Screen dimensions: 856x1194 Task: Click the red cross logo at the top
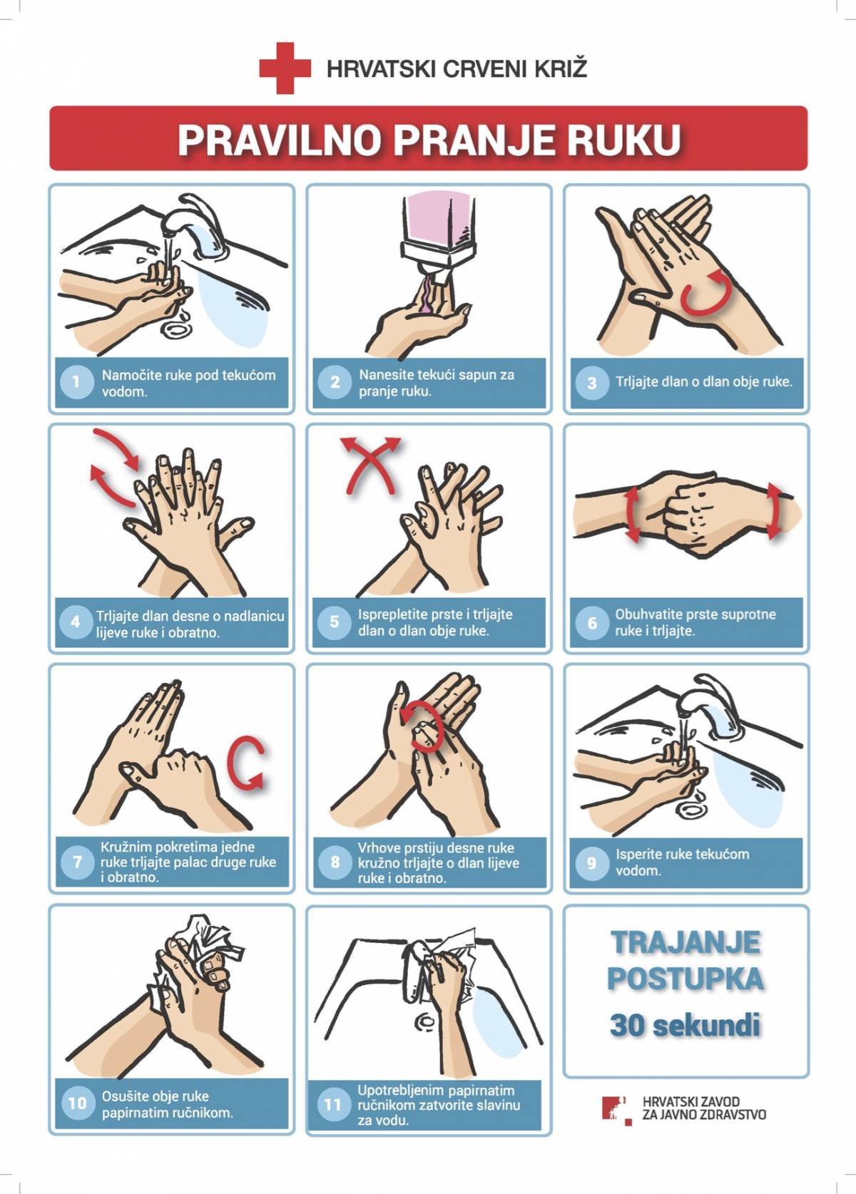pyautogui.click(x=285, y=68)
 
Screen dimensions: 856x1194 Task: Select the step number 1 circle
pyautogui.click(x=76, y=382)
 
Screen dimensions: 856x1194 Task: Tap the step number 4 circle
pyautogui.click(x=76, y=622)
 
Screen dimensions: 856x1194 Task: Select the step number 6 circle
pyautogui.click(x=591, y=622)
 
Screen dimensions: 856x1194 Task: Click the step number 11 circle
pyautogui.click(x=333, y=1103)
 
